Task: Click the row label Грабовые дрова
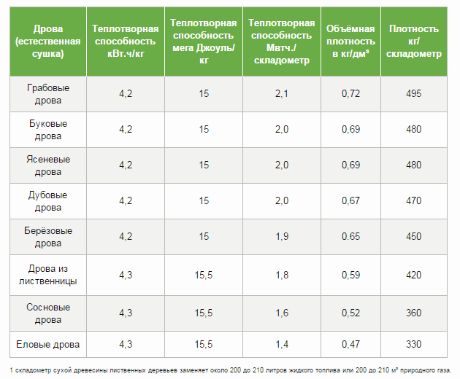(47, 94)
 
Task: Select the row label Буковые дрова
(47, 129)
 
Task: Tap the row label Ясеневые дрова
(47, 165)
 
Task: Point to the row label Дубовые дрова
(47, 201)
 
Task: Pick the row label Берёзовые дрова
(47, 237)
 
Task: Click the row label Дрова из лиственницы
(47, 275)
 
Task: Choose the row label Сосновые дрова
(47, 313)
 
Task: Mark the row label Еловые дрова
(47, 343)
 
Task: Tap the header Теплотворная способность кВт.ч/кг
(126, 41)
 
